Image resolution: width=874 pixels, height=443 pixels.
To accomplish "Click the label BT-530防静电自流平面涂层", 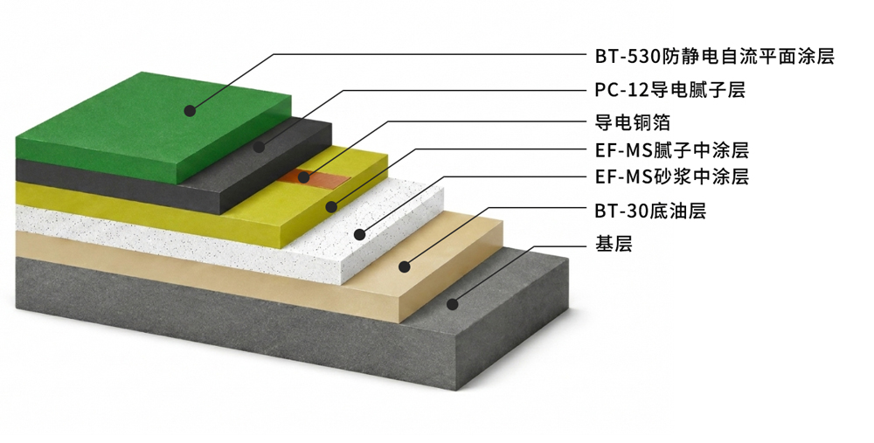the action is pos(715,56).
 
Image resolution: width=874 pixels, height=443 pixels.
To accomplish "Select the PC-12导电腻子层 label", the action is pos(669,90).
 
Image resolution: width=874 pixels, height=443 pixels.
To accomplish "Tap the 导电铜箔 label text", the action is pos(632,122).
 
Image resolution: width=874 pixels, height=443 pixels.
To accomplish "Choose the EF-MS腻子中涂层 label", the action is pos(671,150).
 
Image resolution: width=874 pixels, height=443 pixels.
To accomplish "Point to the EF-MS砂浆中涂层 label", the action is pos(671,177).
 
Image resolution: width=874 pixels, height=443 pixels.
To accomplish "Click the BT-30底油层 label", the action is pos(650,211).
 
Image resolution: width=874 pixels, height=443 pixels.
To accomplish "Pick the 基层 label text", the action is pos(614,244).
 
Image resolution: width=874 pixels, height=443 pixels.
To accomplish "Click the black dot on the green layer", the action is pos(190,110).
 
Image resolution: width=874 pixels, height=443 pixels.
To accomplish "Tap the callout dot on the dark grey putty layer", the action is pos(259,147).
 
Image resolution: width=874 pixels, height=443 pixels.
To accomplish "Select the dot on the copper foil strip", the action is pos(303,177).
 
